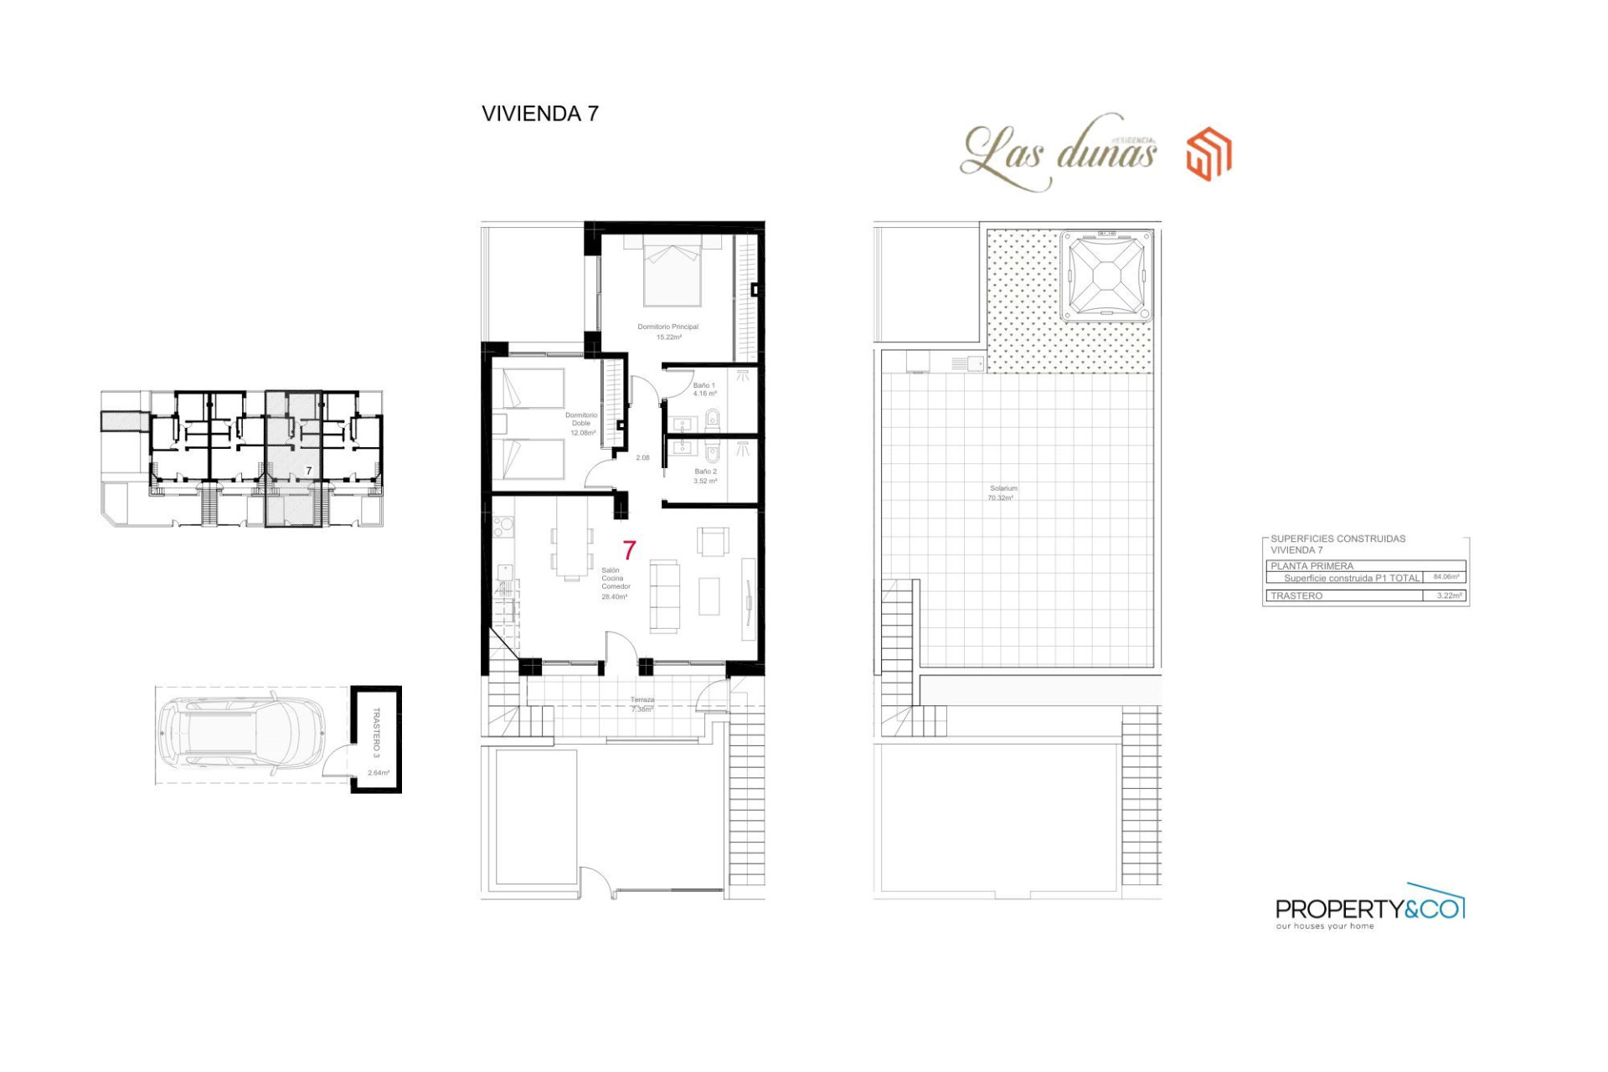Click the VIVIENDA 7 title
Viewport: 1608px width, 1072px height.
click(x=540, y=114)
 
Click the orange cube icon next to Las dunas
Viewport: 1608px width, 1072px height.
click(x=1209, y=154)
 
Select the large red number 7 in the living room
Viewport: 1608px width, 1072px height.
click(x=630, y=550)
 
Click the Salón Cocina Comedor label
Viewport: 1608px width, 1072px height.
click(x=615, y=583)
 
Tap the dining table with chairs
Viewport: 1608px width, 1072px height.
click(x=573, y=552)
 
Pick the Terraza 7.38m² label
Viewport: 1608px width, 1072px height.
click(x=642, y=704)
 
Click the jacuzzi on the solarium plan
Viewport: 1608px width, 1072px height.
click(x=1106, y=276)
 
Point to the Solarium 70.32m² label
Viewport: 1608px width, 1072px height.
click(x=1002, y=492)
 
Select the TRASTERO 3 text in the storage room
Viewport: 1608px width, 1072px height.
click(x=376, y=732)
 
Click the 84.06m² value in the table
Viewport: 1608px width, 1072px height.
click(x=1446, y=577)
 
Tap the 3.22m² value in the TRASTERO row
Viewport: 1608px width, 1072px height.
click(x=1449, y=595)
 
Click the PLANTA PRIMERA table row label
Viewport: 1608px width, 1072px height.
click(x=1312, y=566)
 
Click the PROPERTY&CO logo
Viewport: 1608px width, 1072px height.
click(x=1368, y=909)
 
